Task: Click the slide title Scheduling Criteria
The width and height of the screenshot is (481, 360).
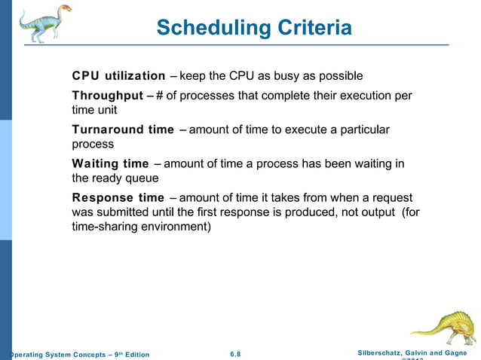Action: pyautogui.click(x=254, y=28)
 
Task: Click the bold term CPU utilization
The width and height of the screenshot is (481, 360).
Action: pyautogui.click(x=118, y=76)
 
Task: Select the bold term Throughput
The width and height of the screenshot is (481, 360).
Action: pyautogui.click(x=107, y=96)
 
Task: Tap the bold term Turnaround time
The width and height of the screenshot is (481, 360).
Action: pyautogui.click(x=123, y=130)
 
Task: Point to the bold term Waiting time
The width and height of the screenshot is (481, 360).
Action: pyautogui.click(x=110, y=163)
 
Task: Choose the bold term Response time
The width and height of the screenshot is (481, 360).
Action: pyautogui.click(x=118, y=197)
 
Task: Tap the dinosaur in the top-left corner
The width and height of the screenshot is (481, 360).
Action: pyautogui.click(x=44, y=23)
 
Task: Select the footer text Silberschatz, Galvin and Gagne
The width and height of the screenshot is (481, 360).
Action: pyautogui.click(x=413, y=352)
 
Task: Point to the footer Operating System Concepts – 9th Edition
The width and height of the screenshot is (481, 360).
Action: pyautogui.click(x=79, y=355)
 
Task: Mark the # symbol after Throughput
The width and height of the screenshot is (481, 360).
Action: pyautogui.click(x=160, y=96)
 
